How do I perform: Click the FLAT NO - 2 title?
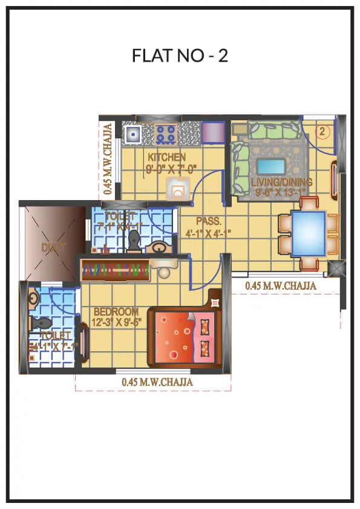[180, 56]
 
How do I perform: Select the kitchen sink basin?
[132, 134]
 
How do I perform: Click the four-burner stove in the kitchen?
[166, 133]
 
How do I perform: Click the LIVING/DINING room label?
[283, 182]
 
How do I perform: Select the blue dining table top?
[308, 232]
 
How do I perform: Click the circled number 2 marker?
[323, 131]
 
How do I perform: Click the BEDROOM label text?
[116, 311]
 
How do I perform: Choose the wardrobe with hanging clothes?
[115, 270]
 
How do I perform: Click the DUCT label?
[51, 247]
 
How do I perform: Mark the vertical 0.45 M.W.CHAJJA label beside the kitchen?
[107, 159]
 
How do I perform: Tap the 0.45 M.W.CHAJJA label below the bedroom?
[157, 382]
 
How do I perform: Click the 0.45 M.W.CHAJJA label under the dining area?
[281, 286]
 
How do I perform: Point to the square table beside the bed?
[215, 299]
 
